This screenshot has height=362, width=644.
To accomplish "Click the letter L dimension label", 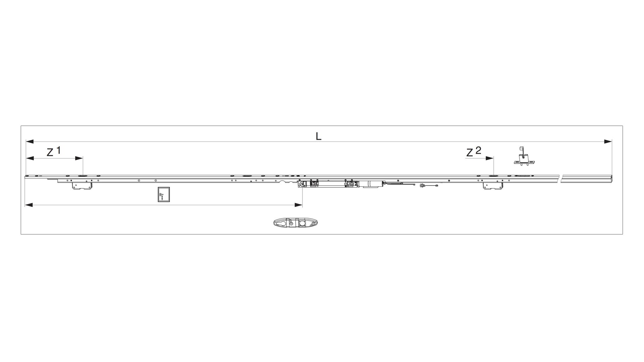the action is coord(319,136).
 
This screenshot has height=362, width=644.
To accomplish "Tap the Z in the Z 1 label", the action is coord(50,153).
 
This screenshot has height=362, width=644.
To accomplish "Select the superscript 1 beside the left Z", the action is coord(58,150).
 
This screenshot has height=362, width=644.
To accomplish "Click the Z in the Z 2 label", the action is coord(470,153).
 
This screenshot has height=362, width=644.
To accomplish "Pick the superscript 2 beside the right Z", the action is coord(478,150).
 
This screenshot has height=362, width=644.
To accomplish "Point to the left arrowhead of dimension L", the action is coord(30,142).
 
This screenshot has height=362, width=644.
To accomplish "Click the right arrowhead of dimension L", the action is coord(608,142).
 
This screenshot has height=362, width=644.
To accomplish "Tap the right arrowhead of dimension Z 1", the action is coord(79,158).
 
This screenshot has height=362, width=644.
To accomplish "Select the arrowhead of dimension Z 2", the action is coord(490,158).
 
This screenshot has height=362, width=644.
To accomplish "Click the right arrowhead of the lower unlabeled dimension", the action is coord(299,205).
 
